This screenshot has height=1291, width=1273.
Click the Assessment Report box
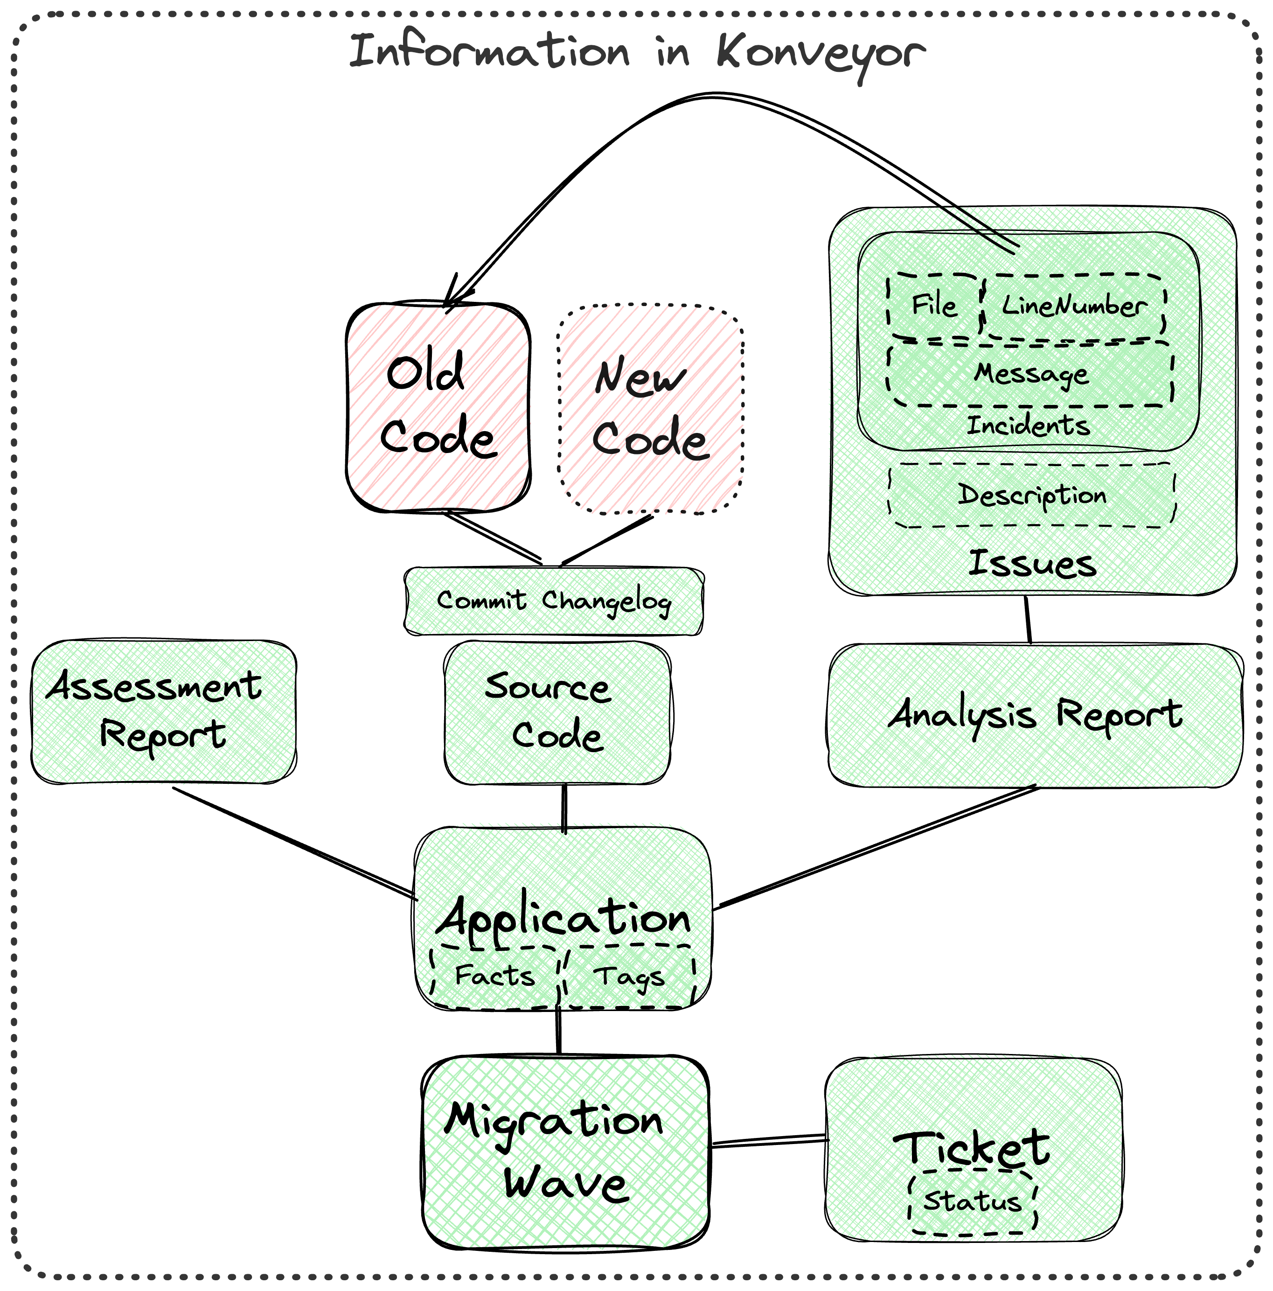tap(164, 711)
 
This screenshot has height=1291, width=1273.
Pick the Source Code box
tap(557, 712)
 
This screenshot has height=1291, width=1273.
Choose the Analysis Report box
tap(1035, 715)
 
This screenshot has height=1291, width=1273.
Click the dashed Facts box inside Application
tap(494, 976)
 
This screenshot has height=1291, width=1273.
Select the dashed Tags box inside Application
tap(628, 976)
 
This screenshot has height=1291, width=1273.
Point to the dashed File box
tap(934, 306)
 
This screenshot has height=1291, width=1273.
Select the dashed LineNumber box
tap(1074, 306)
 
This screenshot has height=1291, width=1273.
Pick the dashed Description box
tap(1031, 495)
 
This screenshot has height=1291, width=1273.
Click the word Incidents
tap(1028, 425)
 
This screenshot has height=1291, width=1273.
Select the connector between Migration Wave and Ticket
tap(768, 1141)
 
